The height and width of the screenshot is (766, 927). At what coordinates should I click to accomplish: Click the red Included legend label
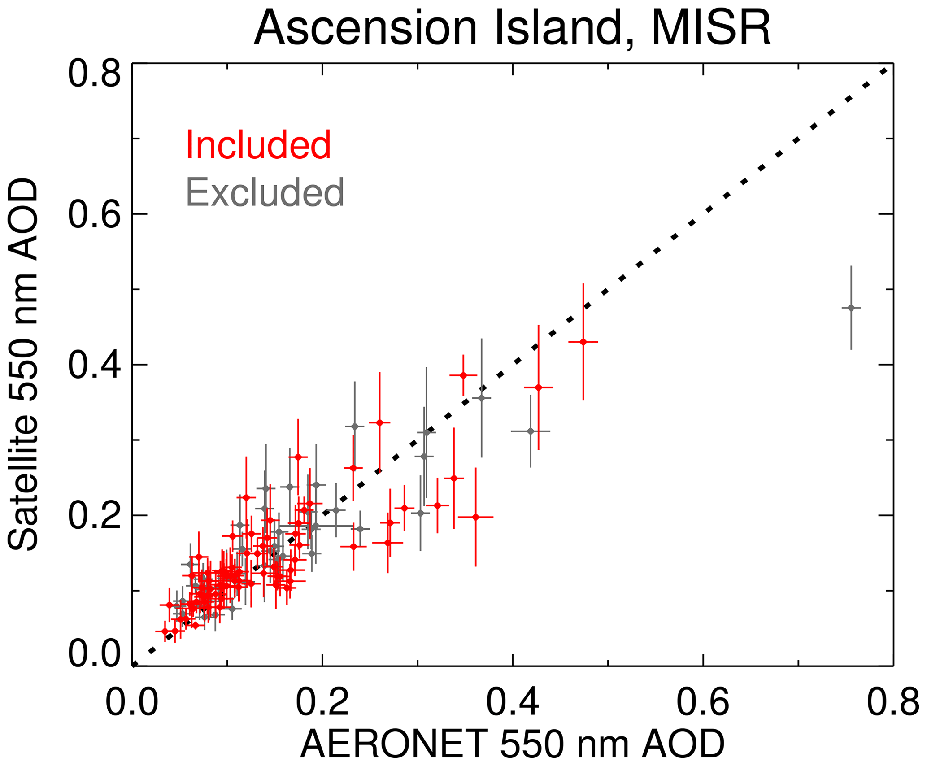click(258, 144)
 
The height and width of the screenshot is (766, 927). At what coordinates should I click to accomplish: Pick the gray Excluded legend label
click(265, 192)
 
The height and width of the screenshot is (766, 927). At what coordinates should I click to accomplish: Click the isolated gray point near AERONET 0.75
click(851, 308)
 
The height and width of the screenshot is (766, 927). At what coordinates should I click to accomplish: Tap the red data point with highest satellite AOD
click(583, 342)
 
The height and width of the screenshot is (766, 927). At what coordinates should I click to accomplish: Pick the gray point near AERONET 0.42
click(531, 431)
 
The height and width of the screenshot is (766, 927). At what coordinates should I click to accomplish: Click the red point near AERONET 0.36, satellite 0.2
click(476, 517)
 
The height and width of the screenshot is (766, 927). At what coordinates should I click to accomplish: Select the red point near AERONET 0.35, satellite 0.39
click(463, 375)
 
